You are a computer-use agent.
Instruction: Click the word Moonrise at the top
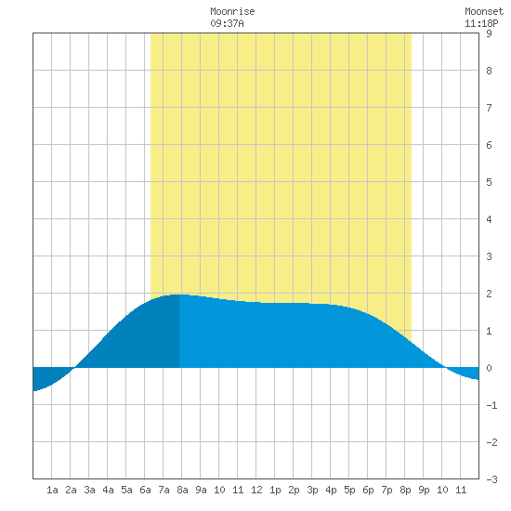pyautogui.click(x=232, y=11)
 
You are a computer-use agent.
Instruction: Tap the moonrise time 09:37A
pyautogui.click(x=227, y=23)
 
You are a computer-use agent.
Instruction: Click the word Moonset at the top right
pyautogui.click(x=484, y=11)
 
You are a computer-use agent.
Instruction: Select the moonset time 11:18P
pyautogui.click(x=481, y=23)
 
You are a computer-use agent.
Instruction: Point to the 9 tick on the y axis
pyautogui.click(x=489, y=33)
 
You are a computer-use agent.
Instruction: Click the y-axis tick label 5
pyautogui.click(x=489, y=182)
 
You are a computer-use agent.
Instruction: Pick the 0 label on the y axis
pyautogui.click(x=489, y=368)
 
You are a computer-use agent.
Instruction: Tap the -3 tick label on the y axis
pyautogui.click(x=491, y=479)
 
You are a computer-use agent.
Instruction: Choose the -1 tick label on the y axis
pyautogui.click(x=491, y=405)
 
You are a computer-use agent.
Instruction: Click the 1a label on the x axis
pyautogui.click(x=52, y=490)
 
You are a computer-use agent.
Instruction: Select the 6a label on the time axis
pyautogui.click(x=145, y=490)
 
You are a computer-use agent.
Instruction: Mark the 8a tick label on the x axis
pyautogui.click(x=182, y=490)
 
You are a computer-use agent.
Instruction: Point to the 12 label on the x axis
pyautogui.click(x=256, y=490)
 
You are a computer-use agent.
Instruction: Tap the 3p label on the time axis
pyautogui.click(x=312, y=490)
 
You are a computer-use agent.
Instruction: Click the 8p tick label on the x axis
pyautogui.click(x=405, y=490)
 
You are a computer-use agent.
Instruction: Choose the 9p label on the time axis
pyautogui.click(x=424, y=490)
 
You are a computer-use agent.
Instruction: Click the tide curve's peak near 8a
pyautogui.click(x=178, y=295)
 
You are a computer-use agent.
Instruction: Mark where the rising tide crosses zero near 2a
pyautogui.click(x=74, y=368)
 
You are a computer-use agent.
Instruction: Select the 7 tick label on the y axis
pyautogui.click(x=489, y=108)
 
